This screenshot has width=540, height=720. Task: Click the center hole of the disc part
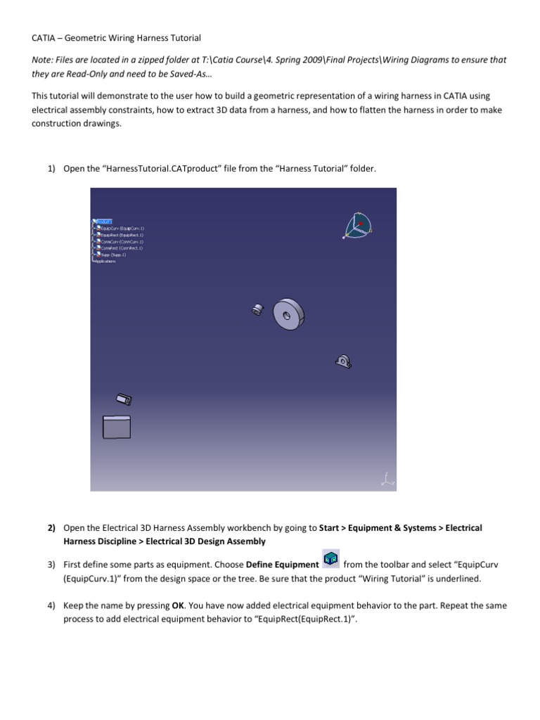click(285, 316)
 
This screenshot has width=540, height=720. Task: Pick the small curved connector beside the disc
click(257, 309)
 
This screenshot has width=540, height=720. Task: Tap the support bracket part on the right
click(342, 361)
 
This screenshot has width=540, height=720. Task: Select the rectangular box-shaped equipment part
click(117, 427)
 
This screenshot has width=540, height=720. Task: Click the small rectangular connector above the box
click(124, 399)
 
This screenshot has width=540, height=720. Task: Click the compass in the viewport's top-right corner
click(359, 226)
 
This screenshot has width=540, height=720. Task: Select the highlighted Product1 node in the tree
click(103, 221)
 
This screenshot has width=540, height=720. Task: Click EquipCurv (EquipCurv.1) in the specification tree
click(121, 229)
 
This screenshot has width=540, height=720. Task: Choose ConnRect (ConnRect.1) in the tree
click(121, 248)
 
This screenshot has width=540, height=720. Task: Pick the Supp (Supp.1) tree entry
click(112, 255)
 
